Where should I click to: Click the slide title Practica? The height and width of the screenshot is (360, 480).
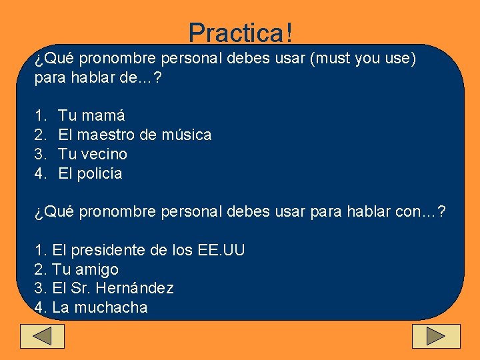pos(240,31)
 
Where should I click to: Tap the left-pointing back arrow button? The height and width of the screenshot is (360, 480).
pos(43,336)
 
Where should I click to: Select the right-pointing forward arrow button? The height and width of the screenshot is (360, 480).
pos(436,336)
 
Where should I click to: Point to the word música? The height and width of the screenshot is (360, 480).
pos(187,135)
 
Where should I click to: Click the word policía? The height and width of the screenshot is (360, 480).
pos(100,174)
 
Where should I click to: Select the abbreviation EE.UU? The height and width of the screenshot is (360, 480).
pos(221,251)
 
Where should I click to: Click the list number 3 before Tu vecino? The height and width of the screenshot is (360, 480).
pos(39,154)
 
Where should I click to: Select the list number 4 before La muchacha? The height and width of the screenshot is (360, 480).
pos(39,308)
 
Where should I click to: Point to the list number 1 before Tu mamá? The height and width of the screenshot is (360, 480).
pos(39,115)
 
